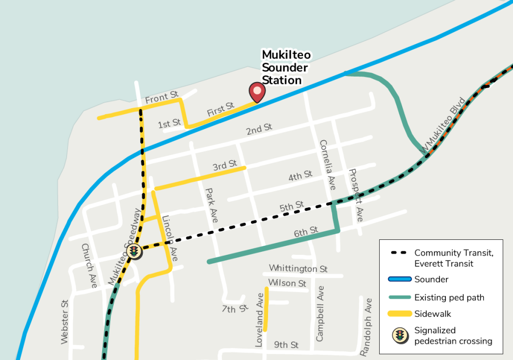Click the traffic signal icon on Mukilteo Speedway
pyautogui.click(x=134, y=251)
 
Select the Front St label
pyautogui.click(x=162, y=97)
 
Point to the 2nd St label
pyautogui.click(x=259, y=129)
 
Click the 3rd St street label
pyautogui.click(x=225, y=165)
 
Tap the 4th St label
pyautogui.click(x=300, y=176)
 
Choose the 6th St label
pyautogui.click(x=306, y=231)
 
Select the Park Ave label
pyautogui.click(x=211, y=205)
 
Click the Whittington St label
pyautogui.click(x=298, y=269)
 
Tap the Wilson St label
pyautogui.click(x=287, y=283)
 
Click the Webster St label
pyautogui.click(x=64, y=322)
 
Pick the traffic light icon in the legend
pyautogui.click(x=399, y=335)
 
